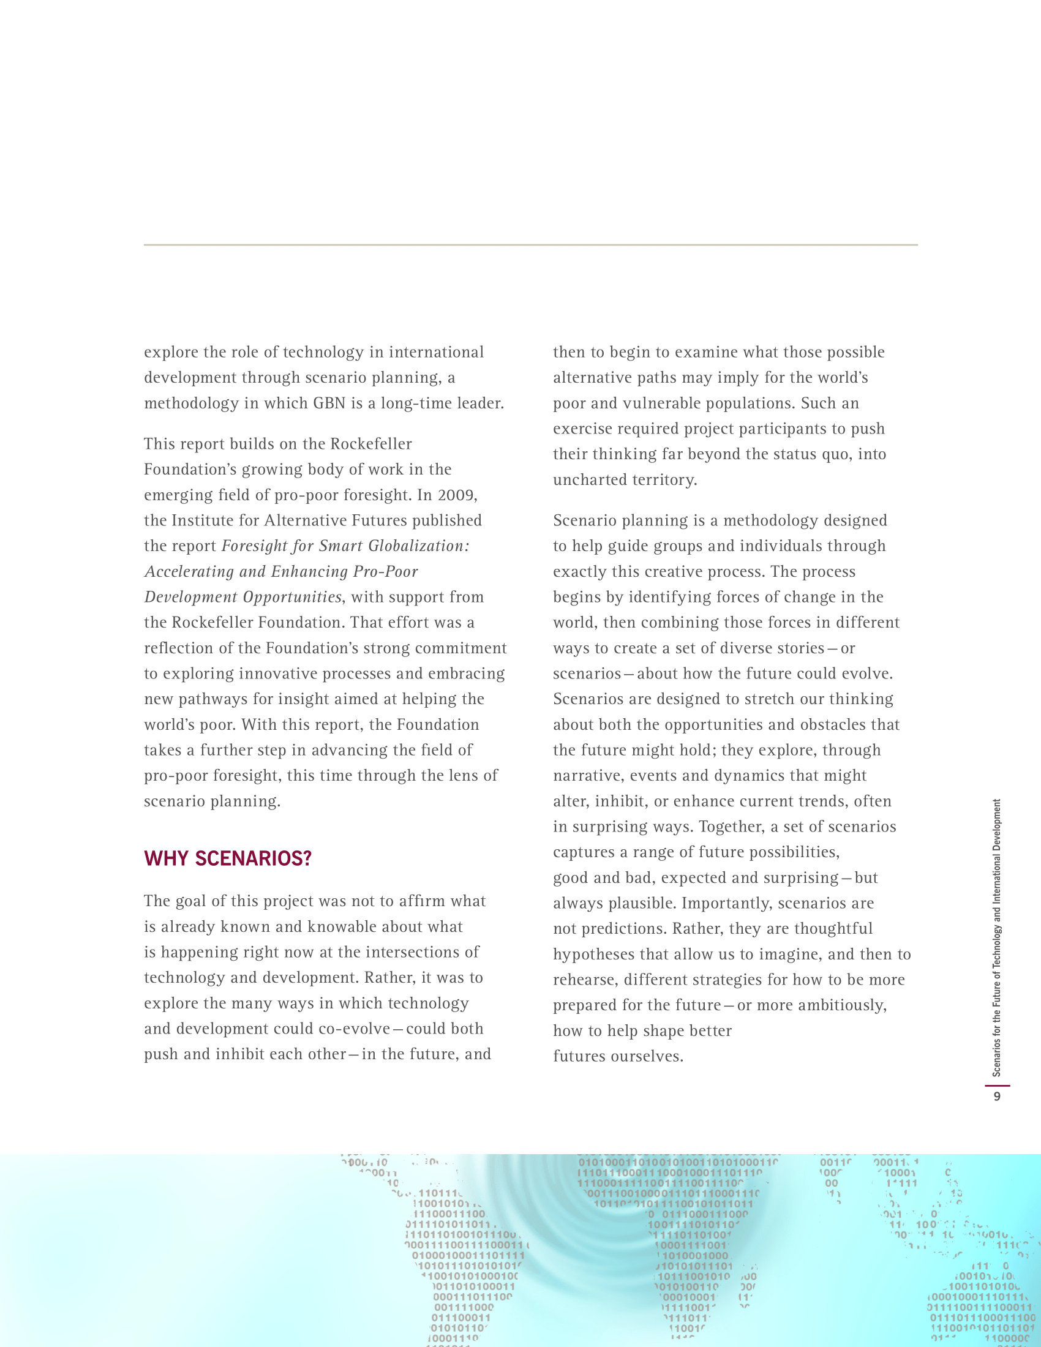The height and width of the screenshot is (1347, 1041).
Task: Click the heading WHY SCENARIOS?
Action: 228,858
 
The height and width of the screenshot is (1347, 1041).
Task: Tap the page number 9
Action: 996,1096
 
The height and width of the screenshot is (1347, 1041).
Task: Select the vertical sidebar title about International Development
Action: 996,937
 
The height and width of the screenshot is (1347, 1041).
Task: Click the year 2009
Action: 457,495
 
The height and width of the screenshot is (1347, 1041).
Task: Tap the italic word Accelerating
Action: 189,572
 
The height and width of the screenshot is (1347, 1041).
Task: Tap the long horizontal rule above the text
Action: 530,245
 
